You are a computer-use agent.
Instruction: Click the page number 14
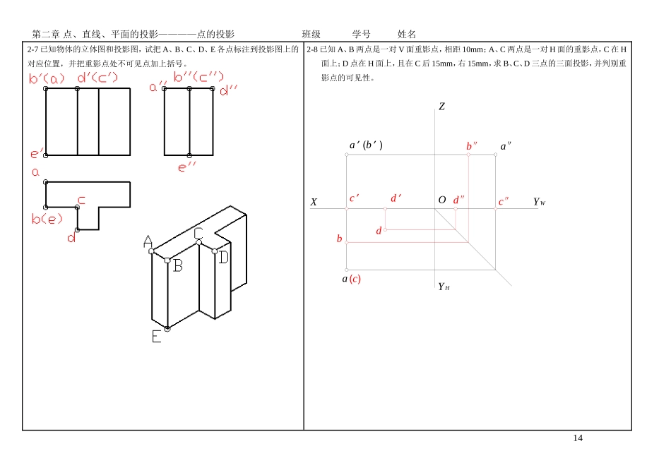coord(578,438)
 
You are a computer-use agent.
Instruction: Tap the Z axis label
coord(441,107)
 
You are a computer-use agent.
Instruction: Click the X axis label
coord(314,202)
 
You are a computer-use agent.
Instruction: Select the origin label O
coord(442,200)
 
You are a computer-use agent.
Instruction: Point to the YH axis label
coord(443,287)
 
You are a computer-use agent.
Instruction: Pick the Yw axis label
coord(539,202)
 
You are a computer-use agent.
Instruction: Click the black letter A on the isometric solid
coord(148,241)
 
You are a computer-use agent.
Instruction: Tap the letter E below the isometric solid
coord(156,337)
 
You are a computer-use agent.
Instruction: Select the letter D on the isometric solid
coord(223,257)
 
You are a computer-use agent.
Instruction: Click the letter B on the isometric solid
coord(178,265)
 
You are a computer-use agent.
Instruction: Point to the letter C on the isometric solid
coord(198,233)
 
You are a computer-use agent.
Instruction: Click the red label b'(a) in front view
coord(47,78)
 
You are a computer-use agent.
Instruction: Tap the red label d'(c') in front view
coord(97,77)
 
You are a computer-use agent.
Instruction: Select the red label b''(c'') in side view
coord(198,76)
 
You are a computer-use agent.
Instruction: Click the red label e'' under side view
coord(186,167)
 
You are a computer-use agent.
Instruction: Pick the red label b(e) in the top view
coord(47,219)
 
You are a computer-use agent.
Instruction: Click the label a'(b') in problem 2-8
coord(366,145)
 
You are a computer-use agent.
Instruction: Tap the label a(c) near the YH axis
coord(351,279)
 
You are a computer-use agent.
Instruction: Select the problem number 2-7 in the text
coord(32,49)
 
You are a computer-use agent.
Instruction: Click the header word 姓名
coord(407,34)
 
